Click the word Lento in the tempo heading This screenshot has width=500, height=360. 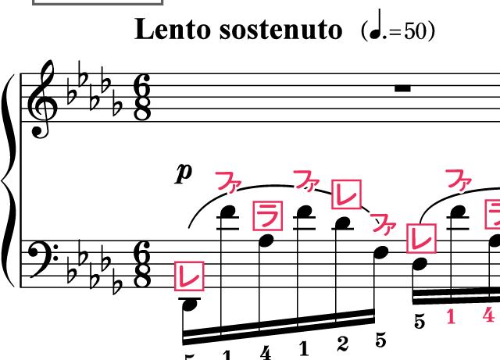pos(173,29)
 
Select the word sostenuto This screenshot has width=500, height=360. pos(281,30)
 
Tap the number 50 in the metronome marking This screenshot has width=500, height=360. pos(416,31)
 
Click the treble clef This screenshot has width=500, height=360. pos(42,99)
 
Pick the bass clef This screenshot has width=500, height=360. pos(44,259)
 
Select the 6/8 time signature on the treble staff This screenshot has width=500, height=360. pos(142,98)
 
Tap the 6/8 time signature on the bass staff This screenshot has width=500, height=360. pos(142,265)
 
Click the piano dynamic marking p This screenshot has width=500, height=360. pos(184,173)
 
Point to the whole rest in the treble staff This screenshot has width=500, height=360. pos(402,88)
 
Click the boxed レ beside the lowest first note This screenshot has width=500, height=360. pos(189,276)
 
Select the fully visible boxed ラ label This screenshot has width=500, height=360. pos(268,216)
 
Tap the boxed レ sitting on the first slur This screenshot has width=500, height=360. pos(346,194)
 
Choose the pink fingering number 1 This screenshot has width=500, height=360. pos(451,316)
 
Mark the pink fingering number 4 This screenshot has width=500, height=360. pos(488,315)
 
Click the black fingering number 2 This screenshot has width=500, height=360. pos(342,344)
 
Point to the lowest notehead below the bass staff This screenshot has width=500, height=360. pos(189,305)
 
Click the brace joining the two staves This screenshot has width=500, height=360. pos(9,180)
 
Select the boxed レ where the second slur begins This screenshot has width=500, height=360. pos(422,238)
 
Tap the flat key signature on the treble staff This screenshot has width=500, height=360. pos(95,88)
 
